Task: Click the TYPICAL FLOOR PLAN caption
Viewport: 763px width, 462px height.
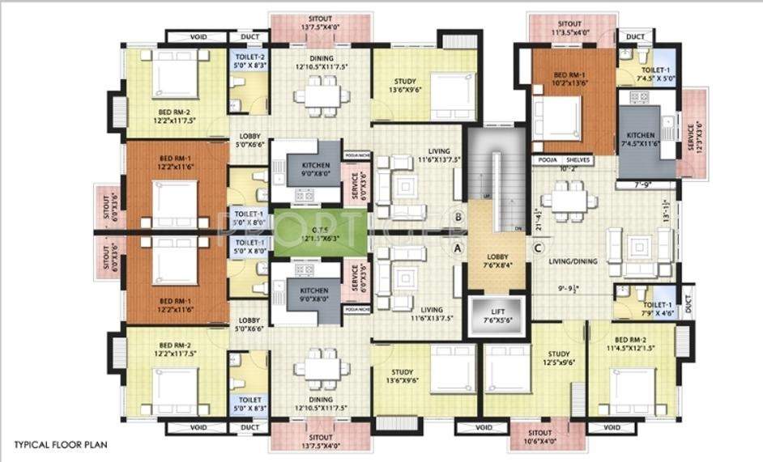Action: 60,444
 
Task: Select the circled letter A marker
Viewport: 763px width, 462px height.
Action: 458,248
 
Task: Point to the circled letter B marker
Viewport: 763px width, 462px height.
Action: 458,217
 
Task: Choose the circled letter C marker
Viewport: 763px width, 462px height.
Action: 538,248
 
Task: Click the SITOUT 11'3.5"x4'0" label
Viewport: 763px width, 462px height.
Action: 569,29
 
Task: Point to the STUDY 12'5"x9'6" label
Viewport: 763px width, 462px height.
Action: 559,358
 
